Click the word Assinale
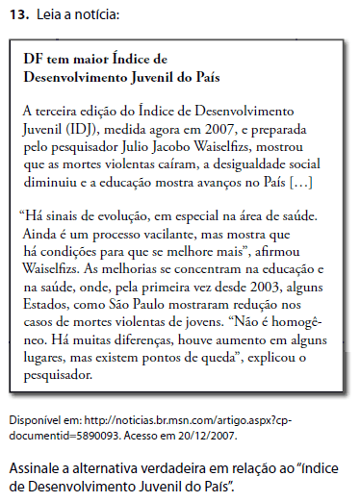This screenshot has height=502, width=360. (x=36, y=468)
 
